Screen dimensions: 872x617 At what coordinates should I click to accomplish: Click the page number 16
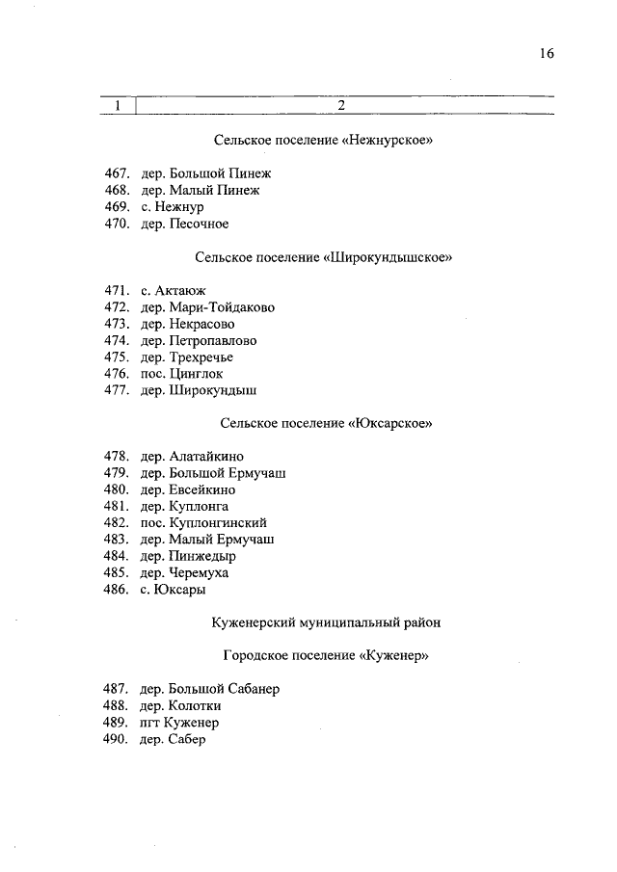(x=546, y=55)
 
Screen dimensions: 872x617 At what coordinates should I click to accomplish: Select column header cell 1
(x=118, y=106)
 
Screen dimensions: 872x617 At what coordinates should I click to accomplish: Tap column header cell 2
(x=341, y=106)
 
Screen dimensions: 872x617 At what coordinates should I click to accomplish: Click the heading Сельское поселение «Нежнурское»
(x=323, y=141)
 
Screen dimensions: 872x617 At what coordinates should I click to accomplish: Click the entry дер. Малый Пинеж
(x=200, y=191)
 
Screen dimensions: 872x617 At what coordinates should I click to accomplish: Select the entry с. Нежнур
(x=173, y=207)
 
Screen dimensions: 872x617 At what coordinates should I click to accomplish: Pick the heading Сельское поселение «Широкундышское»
(x=323, y=257)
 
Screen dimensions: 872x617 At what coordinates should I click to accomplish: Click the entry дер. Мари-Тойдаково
(x=207, y=307)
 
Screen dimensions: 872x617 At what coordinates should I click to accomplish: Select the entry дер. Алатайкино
(x=192, y=457)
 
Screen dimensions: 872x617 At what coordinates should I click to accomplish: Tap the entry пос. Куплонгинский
(x=203, y=522)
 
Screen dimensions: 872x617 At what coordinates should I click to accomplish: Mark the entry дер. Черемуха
(x=184, y=572)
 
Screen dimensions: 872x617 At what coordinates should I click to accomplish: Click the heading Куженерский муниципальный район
(x=325, y=622)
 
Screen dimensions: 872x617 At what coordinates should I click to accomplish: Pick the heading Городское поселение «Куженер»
(x=325, y=656)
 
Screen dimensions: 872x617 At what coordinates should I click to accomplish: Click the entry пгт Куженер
(x=180, y=723)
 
